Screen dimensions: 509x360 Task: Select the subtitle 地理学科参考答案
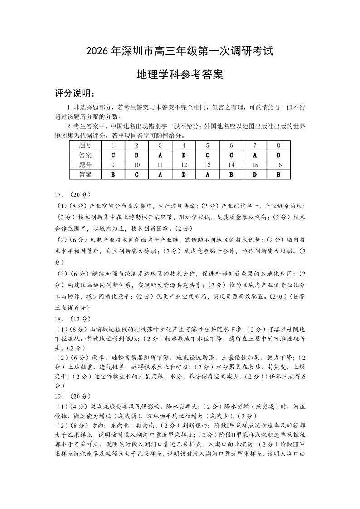pyautogui.click(x=180, y=74)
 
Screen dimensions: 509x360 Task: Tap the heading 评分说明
pyautogui.click(x=75, y=94)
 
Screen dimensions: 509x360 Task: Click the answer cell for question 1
pyautogui.click(x=113, y=155)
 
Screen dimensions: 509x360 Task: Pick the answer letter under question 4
pyautogui.click(x=184, y=155)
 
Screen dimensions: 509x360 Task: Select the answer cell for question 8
pyautogui.click(x=278, y=155)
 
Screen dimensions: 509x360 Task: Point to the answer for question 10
pyautogui.click(x=136, y=174)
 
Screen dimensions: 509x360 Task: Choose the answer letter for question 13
pyautogui.click(x=207, y=174)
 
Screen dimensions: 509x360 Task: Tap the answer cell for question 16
pyautogui.click(x=278, y=174)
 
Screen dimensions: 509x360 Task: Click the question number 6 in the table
pyautogui.click(x=231, y=145)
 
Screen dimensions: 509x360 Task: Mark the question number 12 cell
pyautogui.click(x=184, y=165)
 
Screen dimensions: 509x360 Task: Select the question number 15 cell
pyautogui.click(x=255, y=165)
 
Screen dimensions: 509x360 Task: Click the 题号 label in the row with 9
pyautogui.click(x=85, y=165)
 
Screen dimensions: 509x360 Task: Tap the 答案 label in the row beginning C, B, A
pyautogui.click(x=85, y=155)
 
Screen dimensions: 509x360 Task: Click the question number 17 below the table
pyautogui.click(x=58, y=195)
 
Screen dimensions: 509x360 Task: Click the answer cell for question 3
pyautogui.click(x=160, y=155)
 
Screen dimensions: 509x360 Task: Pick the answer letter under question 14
pyautogui.click(x=231, y=174)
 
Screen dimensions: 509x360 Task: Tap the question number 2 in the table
pyautogui.click(x=136, y=145)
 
